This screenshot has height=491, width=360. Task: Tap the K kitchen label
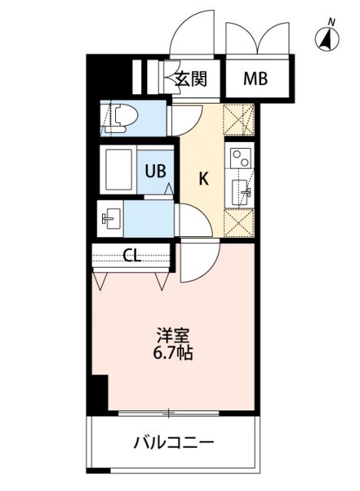(203, 180)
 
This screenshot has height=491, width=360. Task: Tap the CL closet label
(132, 256)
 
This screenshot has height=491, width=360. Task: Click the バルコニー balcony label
(173, 443)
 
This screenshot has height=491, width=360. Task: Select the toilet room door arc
(182, 120)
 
